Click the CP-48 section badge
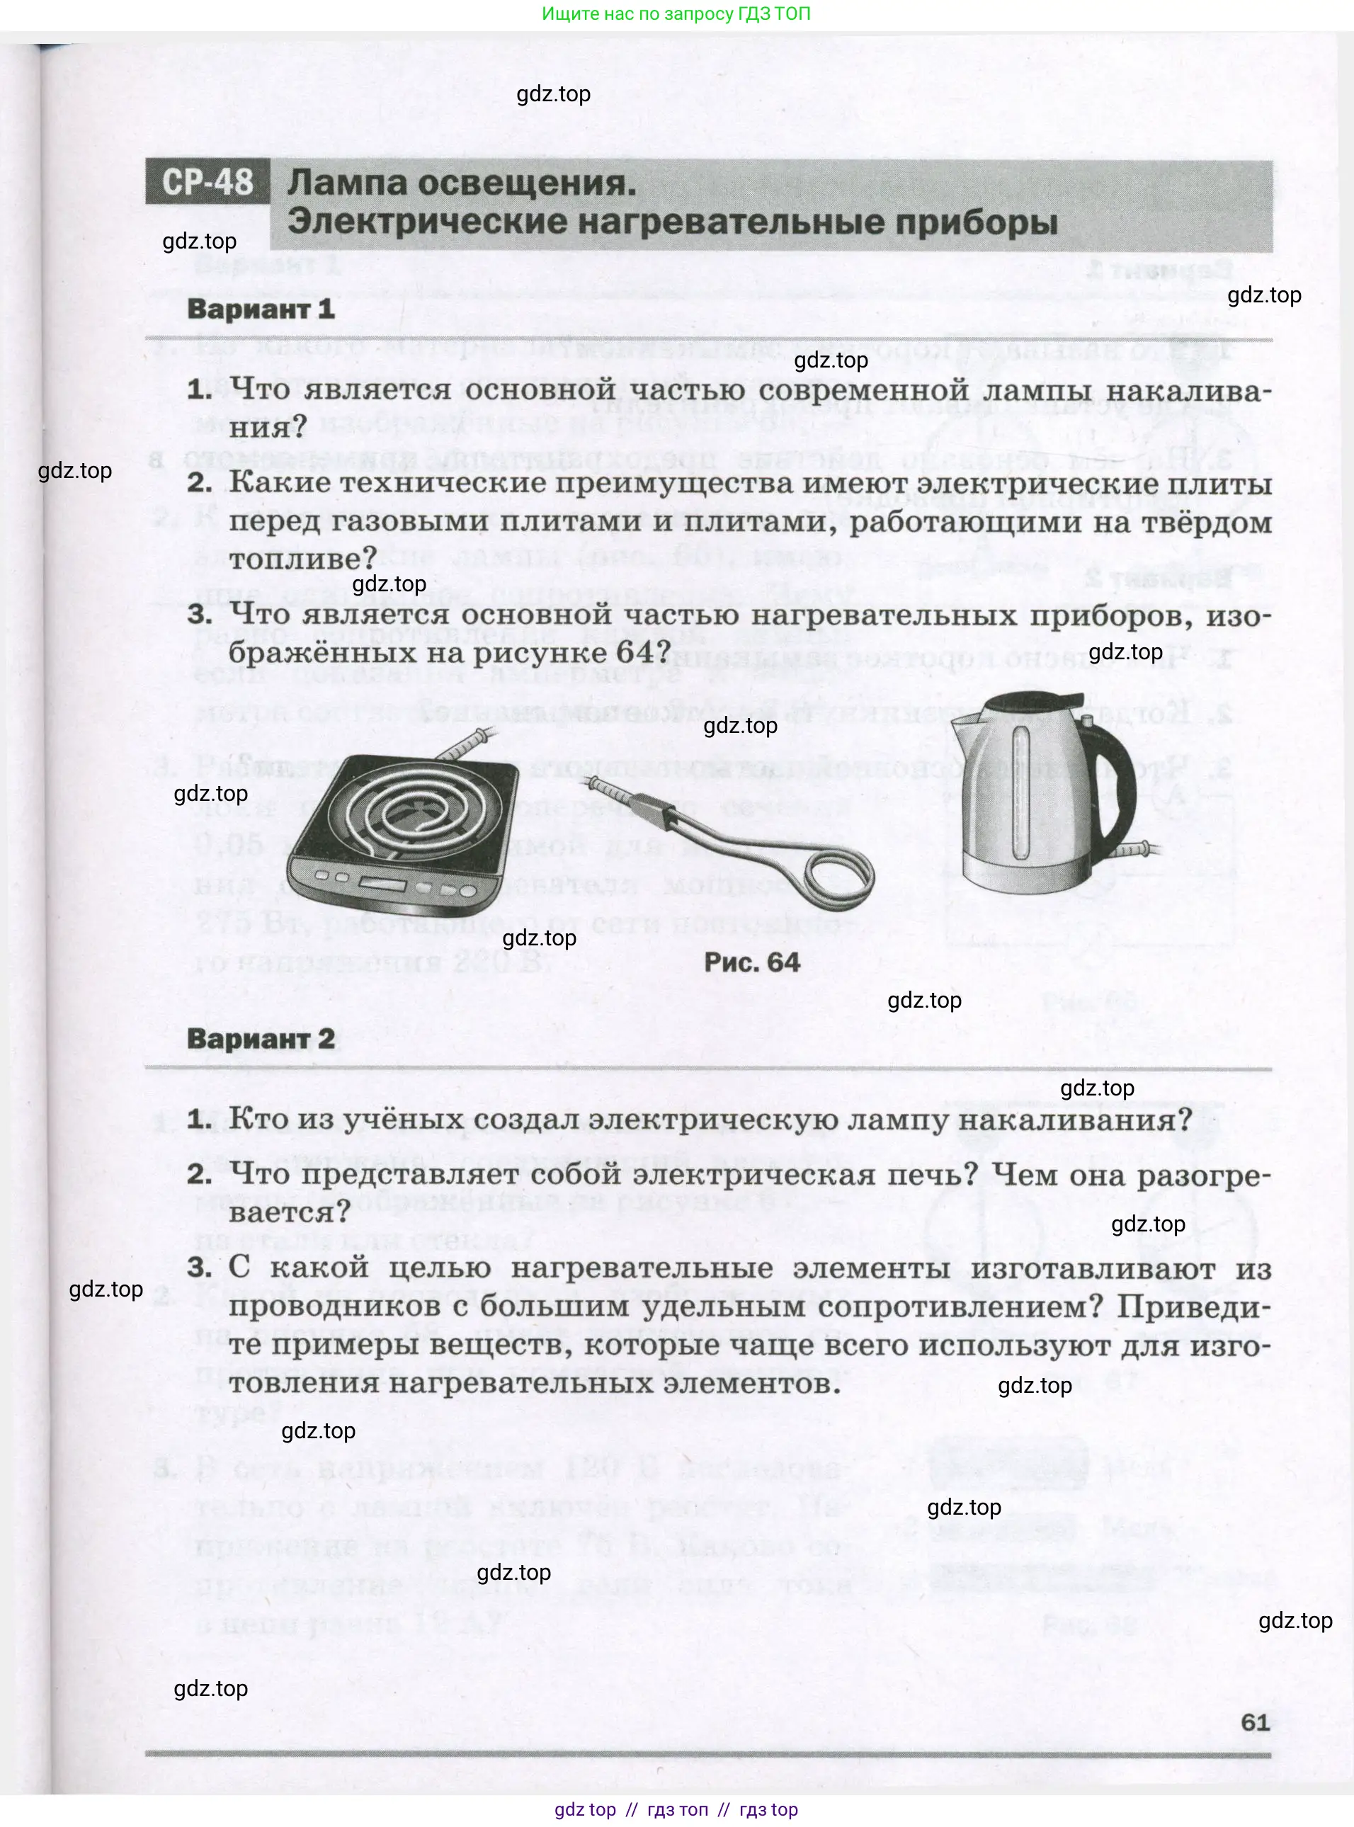click(207, 181)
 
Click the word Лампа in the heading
click(348, 183)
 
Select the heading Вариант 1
click(261, 309)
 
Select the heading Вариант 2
click(261, 1039)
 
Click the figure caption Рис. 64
click(751, 962)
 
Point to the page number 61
click(1255, 1722)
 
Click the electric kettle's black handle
click(1120, 779)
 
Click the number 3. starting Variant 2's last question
click(199, 1268)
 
